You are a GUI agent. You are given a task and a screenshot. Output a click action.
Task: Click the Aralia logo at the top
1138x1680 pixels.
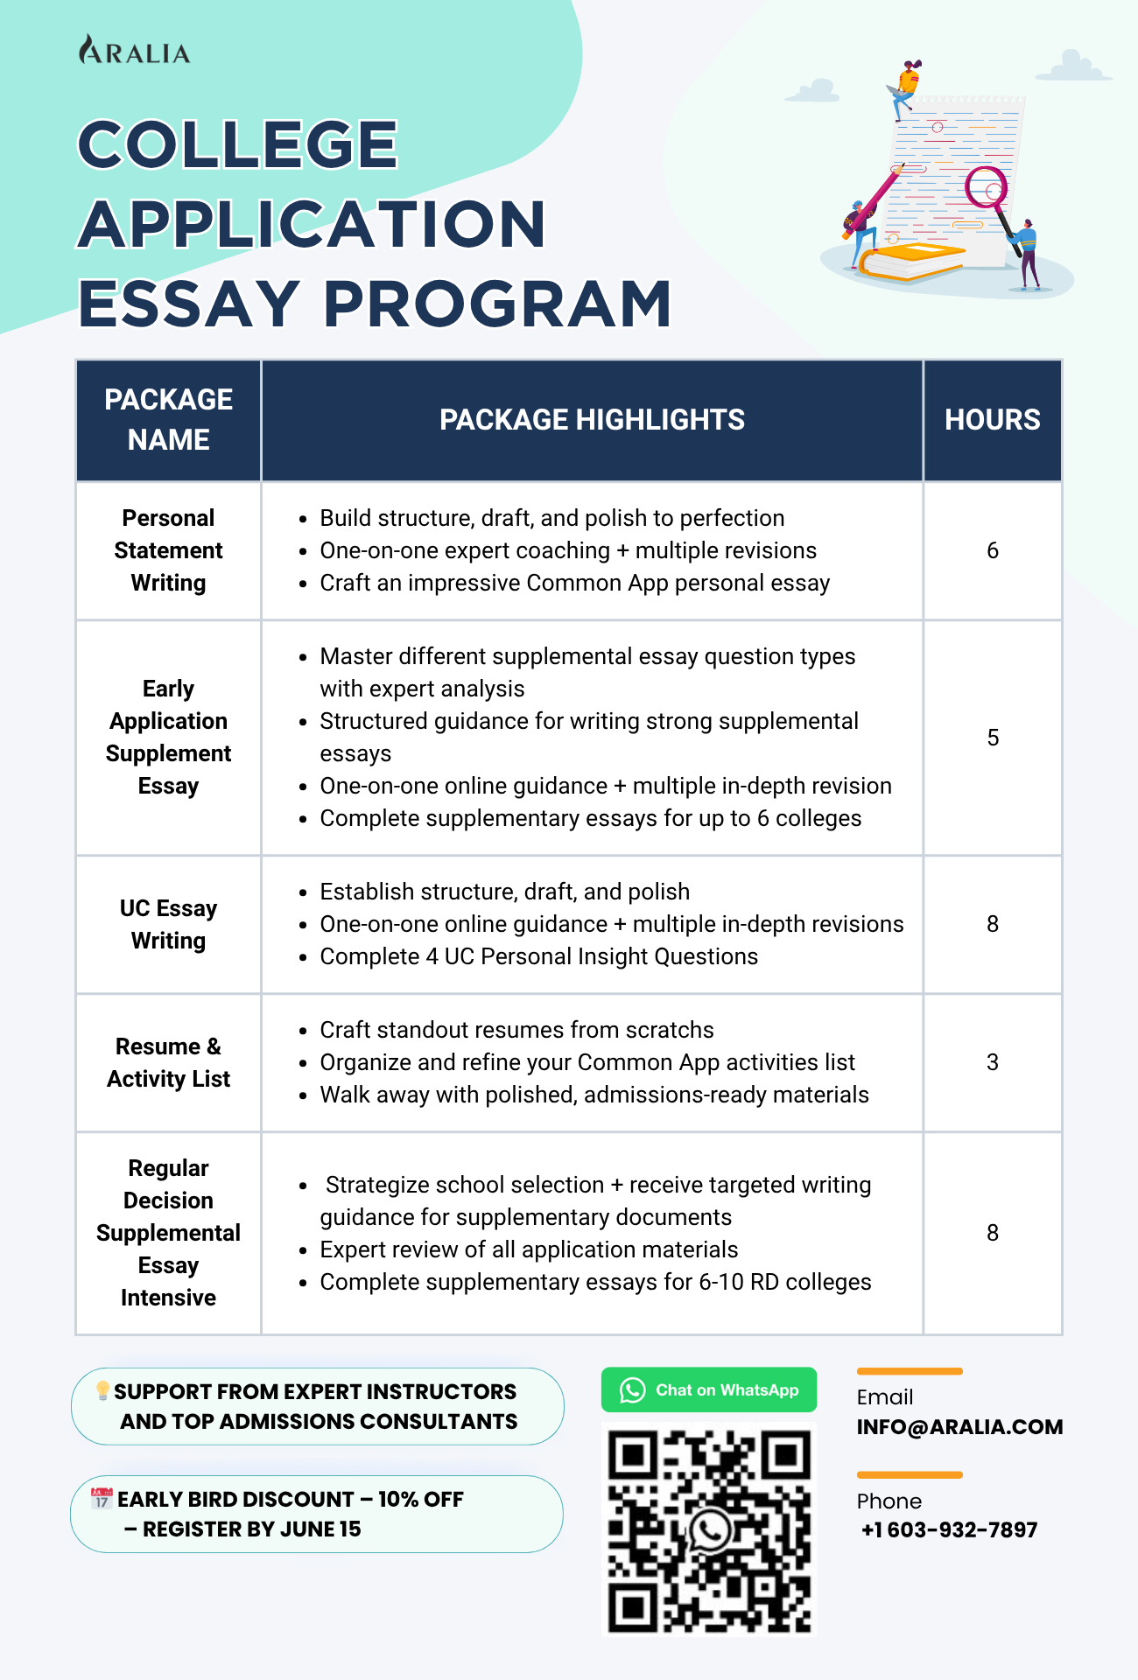point(134,51)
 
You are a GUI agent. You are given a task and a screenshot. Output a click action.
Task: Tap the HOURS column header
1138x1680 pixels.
point(992,420)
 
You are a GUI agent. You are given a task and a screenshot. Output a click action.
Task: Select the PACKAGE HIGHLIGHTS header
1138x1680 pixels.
point(592,420)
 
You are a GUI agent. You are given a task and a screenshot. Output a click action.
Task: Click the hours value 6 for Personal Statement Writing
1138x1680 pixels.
point(992,550)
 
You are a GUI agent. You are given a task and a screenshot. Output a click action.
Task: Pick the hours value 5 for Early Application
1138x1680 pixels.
point(992,738)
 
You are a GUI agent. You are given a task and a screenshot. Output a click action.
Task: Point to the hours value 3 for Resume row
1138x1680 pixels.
point(992,1062)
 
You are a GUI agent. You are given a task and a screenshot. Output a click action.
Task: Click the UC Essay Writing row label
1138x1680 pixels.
point(168,924)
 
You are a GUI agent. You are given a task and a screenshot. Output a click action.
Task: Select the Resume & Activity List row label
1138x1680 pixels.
point(168,1062)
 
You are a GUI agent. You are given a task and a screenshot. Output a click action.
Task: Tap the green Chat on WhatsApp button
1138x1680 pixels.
point(708,1389)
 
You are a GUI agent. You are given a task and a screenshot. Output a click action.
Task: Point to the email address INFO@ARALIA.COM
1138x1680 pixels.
point(959,1427)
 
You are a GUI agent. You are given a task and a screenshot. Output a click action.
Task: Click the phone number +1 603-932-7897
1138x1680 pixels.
point(950,1530)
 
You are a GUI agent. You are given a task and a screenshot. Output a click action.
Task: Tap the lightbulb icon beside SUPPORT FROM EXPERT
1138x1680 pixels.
point(102,1390)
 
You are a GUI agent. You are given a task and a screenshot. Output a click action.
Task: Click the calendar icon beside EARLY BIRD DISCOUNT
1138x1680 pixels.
point(102,1498)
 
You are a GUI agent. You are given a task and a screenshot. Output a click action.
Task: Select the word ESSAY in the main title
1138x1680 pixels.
point(188,304)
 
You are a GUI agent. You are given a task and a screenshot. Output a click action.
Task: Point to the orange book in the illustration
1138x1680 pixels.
point(910,260)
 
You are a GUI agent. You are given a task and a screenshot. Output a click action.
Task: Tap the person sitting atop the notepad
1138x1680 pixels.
point(906,88)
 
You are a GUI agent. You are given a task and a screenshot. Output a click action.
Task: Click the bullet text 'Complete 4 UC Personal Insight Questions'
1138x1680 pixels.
point(538,956)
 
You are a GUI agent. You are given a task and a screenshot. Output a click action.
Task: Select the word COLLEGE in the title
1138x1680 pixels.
point(238,144)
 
